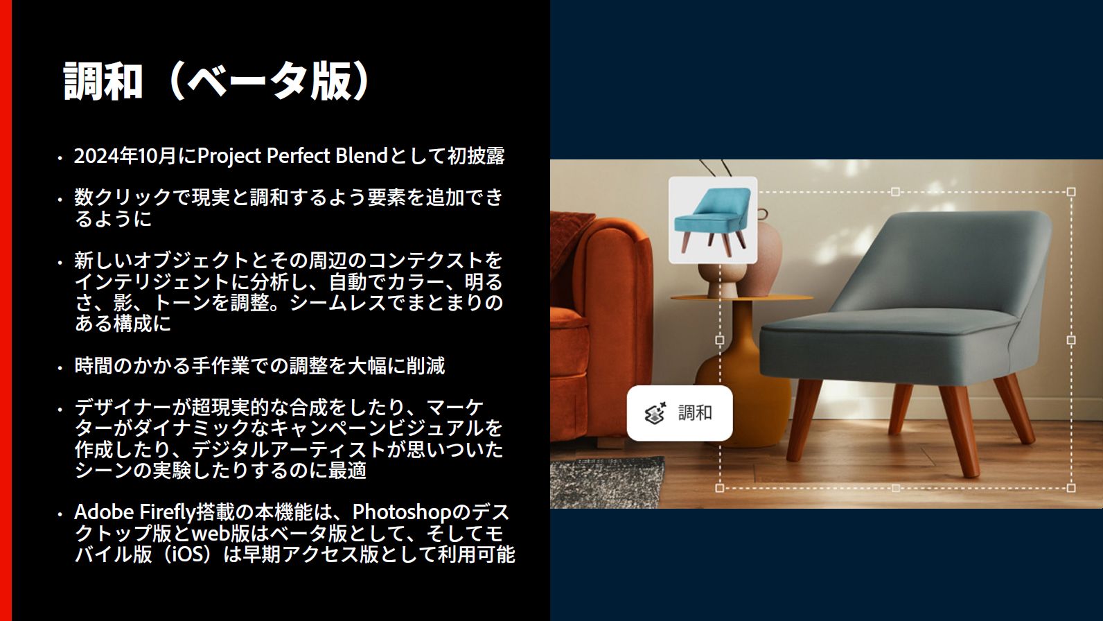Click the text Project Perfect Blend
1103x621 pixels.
click(x=292, y=156)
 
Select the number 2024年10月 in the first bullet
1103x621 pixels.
click(x=125, y=157)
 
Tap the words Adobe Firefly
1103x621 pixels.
click(x=134, y=512)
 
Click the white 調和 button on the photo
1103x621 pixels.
click(x=679, y=413)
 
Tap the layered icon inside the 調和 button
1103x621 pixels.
click(x=655, y=413)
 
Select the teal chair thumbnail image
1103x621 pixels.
click(x=712, y=220)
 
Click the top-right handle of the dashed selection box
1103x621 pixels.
click(x=1071, y=192)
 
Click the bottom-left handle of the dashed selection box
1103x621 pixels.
click(x=720, y=488)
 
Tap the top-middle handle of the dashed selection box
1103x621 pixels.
click(x=895, y=192)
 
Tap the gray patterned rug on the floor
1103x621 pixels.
click(x=610, y=485)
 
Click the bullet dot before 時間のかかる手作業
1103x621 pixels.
click(x=60, y=368)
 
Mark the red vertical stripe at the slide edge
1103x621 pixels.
click(x=6, y=310)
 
